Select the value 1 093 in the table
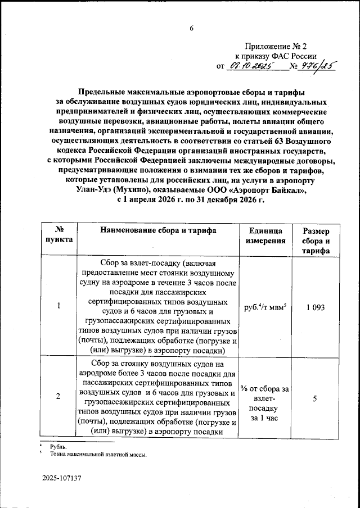coord(316,307)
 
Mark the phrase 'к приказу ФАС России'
coord(276,56)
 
